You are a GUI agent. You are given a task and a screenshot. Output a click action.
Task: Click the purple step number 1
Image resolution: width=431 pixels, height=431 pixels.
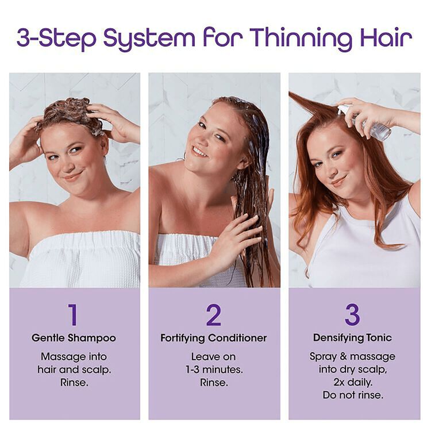[x=73, y=315]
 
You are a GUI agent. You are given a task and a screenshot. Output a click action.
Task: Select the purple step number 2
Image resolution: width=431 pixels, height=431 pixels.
[x=214, y=315]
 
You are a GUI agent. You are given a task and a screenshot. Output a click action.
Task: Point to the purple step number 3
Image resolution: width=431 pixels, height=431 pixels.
[x=352, y=315]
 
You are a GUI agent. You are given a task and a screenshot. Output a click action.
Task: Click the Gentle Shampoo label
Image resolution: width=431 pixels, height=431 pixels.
[x=74, y=338]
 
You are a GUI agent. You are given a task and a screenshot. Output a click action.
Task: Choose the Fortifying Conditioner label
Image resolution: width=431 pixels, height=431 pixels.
[x=214, y=338]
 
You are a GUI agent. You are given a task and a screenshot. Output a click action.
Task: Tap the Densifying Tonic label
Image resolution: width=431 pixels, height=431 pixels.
[x=352, y=338]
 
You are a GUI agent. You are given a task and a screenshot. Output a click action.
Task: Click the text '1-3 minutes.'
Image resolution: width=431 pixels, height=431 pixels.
[x=214, y=370]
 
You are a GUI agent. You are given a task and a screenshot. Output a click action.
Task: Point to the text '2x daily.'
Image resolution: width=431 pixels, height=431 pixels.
[x=352, y=382]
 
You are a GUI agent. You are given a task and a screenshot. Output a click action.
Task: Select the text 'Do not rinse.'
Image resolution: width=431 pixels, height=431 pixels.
[x=352, y=395]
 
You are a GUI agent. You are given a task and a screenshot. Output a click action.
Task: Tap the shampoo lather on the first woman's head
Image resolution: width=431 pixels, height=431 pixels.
[x=72, y=112]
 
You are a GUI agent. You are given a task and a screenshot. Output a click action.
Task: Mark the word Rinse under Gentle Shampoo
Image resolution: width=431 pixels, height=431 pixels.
[x=74, y=382]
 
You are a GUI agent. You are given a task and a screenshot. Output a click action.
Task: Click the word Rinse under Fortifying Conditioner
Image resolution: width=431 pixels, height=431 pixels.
[x=214, y=382]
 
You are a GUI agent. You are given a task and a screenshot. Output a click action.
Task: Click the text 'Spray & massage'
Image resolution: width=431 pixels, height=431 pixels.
[x=352, y=356]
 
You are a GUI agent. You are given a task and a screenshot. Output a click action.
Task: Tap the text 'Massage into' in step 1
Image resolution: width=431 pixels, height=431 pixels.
[x=74, y=356]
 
